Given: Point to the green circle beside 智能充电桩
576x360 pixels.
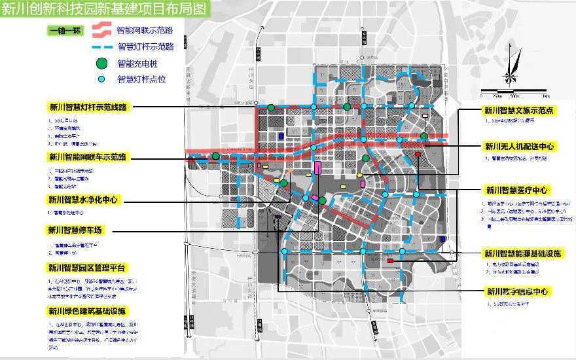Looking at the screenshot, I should (x=101, y=63).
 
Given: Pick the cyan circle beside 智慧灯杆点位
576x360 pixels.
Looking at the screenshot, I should (x=101, y=79).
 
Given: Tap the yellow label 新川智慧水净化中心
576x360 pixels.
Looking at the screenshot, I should (x=83, y=200).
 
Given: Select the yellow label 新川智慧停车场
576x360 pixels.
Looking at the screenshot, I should (x=75, y=230).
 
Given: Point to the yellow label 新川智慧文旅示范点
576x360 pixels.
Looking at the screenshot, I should (x=519, y=111).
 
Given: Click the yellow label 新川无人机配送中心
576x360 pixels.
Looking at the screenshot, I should (x=519, y=146).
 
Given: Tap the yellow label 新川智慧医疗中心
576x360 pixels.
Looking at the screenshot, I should (x=516, y=190).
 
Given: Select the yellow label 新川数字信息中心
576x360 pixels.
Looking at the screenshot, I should (x=516, y=292).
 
